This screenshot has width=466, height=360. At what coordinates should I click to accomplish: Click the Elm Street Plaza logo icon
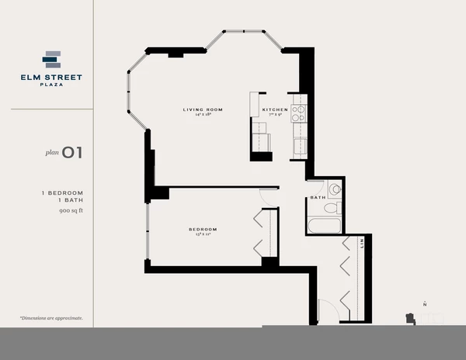coord(51,59)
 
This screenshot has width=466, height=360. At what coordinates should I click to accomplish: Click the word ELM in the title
coord(30,77)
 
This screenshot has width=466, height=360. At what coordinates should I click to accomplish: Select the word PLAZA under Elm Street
coord(51,85)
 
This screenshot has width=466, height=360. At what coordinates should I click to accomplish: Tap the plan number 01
coord(72,153)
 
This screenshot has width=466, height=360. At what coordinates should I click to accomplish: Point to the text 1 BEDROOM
coord(62,192)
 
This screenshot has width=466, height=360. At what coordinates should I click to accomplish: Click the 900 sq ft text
coord(70,210)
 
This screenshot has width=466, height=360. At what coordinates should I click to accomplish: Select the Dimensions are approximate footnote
coord(51,318)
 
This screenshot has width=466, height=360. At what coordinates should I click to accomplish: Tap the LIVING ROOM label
coord(203,109)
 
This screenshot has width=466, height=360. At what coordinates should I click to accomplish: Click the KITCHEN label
coord(275,109)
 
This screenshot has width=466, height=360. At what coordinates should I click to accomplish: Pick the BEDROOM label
coord(203,229)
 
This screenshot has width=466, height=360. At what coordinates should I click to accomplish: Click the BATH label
coord(318,198)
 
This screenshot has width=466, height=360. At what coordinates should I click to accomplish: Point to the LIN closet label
coord(361,244)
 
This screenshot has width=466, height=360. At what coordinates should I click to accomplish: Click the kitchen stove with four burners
coord(298,113)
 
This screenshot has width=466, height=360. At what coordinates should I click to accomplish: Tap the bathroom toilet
coord(331,207)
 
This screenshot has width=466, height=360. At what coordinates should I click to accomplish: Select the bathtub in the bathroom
coord(323,225)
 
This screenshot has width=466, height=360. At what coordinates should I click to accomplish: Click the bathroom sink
coord(334,189)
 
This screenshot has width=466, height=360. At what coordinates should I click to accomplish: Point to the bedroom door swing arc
coord(267,197)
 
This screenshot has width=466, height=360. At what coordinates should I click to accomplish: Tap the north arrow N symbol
coord(424,303)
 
